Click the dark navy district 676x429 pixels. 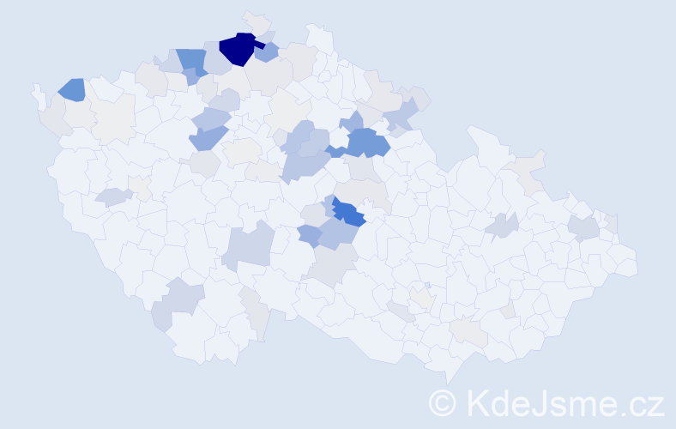(x=237, y=49)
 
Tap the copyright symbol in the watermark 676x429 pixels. (x=443, y=402)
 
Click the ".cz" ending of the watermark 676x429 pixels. (x=644, y=402)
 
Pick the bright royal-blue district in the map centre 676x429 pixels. (x=348, y=213)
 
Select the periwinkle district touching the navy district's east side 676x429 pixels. (x=267, y=52)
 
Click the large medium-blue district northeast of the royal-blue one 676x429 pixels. (x=367, y=142)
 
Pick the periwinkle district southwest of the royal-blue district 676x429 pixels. (x=310, y=234)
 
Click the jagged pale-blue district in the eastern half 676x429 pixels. (x=502, y=226)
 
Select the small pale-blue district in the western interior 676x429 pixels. (x=114, y=196)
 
